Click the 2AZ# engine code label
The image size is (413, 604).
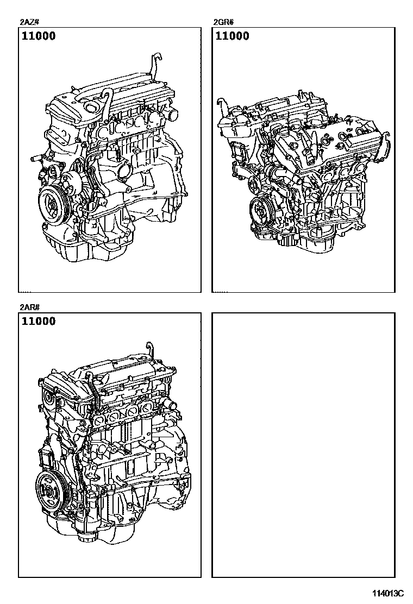tap(28, 22)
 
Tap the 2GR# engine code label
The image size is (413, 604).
tap(223, 22)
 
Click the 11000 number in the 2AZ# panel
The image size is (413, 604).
tap(39, 36)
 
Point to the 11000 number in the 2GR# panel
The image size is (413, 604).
tap(233, 36)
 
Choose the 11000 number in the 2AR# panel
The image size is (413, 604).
tap(39, 321)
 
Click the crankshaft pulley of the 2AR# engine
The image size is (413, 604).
tap(50, 491)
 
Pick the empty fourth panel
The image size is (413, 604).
tap(303, 445)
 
